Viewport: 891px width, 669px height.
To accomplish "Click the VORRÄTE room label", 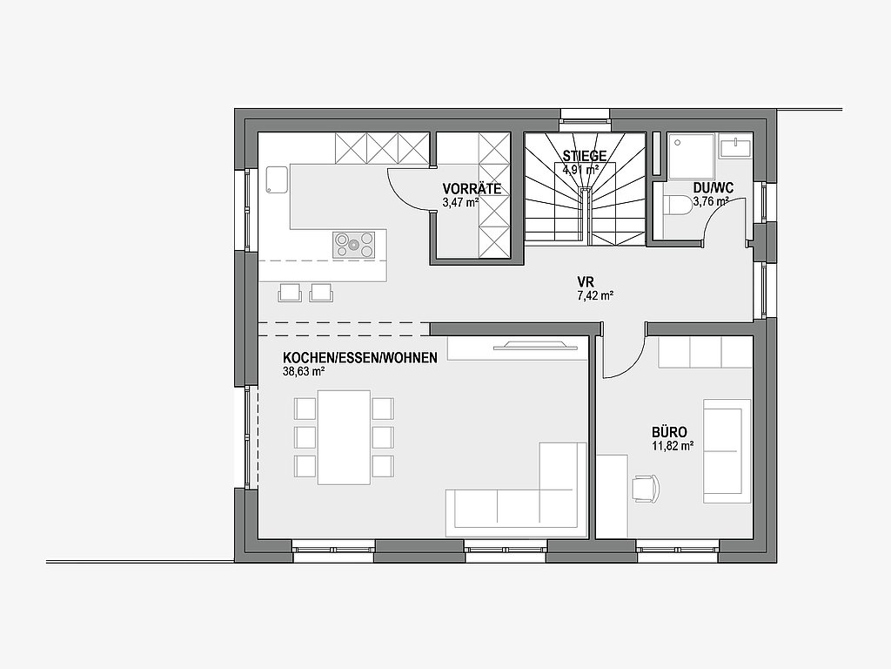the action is [x=472, y=189].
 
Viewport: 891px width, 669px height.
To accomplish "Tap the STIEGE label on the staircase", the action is [x=585, y=156].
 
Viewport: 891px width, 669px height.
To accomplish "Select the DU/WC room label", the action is [x=713, y=188].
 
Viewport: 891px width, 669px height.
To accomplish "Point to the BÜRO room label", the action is [x=669, y=432].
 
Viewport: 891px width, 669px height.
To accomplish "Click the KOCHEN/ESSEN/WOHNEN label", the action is [x=360, y=358].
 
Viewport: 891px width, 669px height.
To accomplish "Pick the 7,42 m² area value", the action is [x=595, y=295].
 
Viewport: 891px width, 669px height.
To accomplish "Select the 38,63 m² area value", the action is [x=304, y=372].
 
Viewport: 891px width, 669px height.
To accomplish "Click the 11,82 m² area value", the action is [x=673, y=446].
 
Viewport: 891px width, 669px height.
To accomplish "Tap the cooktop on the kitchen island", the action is [x=354, y=245].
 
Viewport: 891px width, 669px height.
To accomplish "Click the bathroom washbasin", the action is [x=736, y=145].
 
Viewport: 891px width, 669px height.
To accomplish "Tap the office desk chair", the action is [x=646, y=488].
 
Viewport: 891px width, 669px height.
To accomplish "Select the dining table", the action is [x=344, y=437].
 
